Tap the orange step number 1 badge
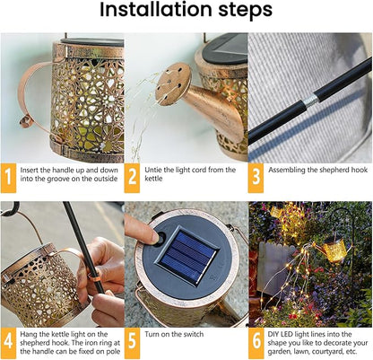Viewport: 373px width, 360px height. (9, 176)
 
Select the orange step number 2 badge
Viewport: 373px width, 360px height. (133, 176)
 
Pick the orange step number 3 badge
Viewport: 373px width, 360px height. (256, 176)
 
